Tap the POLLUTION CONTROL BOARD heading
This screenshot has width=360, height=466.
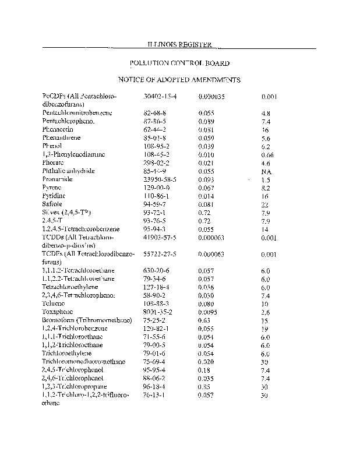[x=179, y=63]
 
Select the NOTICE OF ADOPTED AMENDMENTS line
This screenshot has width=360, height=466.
[x=179, y=80]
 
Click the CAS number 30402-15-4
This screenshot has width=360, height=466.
[x=160, y=95]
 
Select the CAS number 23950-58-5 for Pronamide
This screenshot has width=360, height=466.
[x=160, y=180]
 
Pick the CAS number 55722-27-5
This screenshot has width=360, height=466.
[x=160, y=255]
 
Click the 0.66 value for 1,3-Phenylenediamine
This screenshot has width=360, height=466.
[x=267, y=155]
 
